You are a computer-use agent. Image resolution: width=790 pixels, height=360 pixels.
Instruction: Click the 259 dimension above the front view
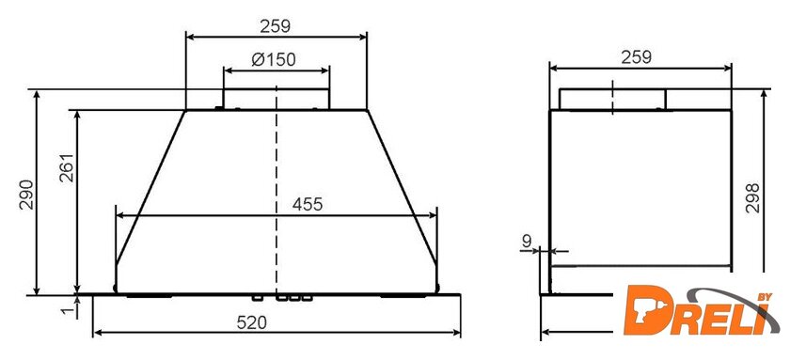[x=275, y=25]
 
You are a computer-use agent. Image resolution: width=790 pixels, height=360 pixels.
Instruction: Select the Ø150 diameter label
[x=274, y=59]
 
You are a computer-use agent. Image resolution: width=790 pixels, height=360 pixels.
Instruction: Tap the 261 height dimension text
[x=67, y=167]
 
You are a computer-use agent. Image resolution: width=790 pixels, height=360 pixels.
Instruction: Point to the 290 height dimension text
[x=26, y=195]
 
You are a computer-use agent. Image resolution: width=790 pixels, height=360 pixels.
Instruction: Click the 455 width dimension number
[x=307, y=205]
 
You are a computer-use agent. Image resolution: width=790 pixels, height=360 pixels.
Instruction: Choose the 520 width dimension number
[x=251, y=322]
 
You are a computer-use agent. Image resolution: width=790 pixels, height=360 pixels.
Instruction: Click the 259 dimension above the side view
[x=636, y=57]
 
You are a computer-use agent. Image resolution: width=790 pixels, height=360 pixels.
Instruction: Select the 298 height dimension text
[x=752, y=198]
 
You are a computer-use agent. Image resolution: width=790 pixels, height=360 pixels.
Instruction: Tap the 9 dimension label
[x=527, y=242]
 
